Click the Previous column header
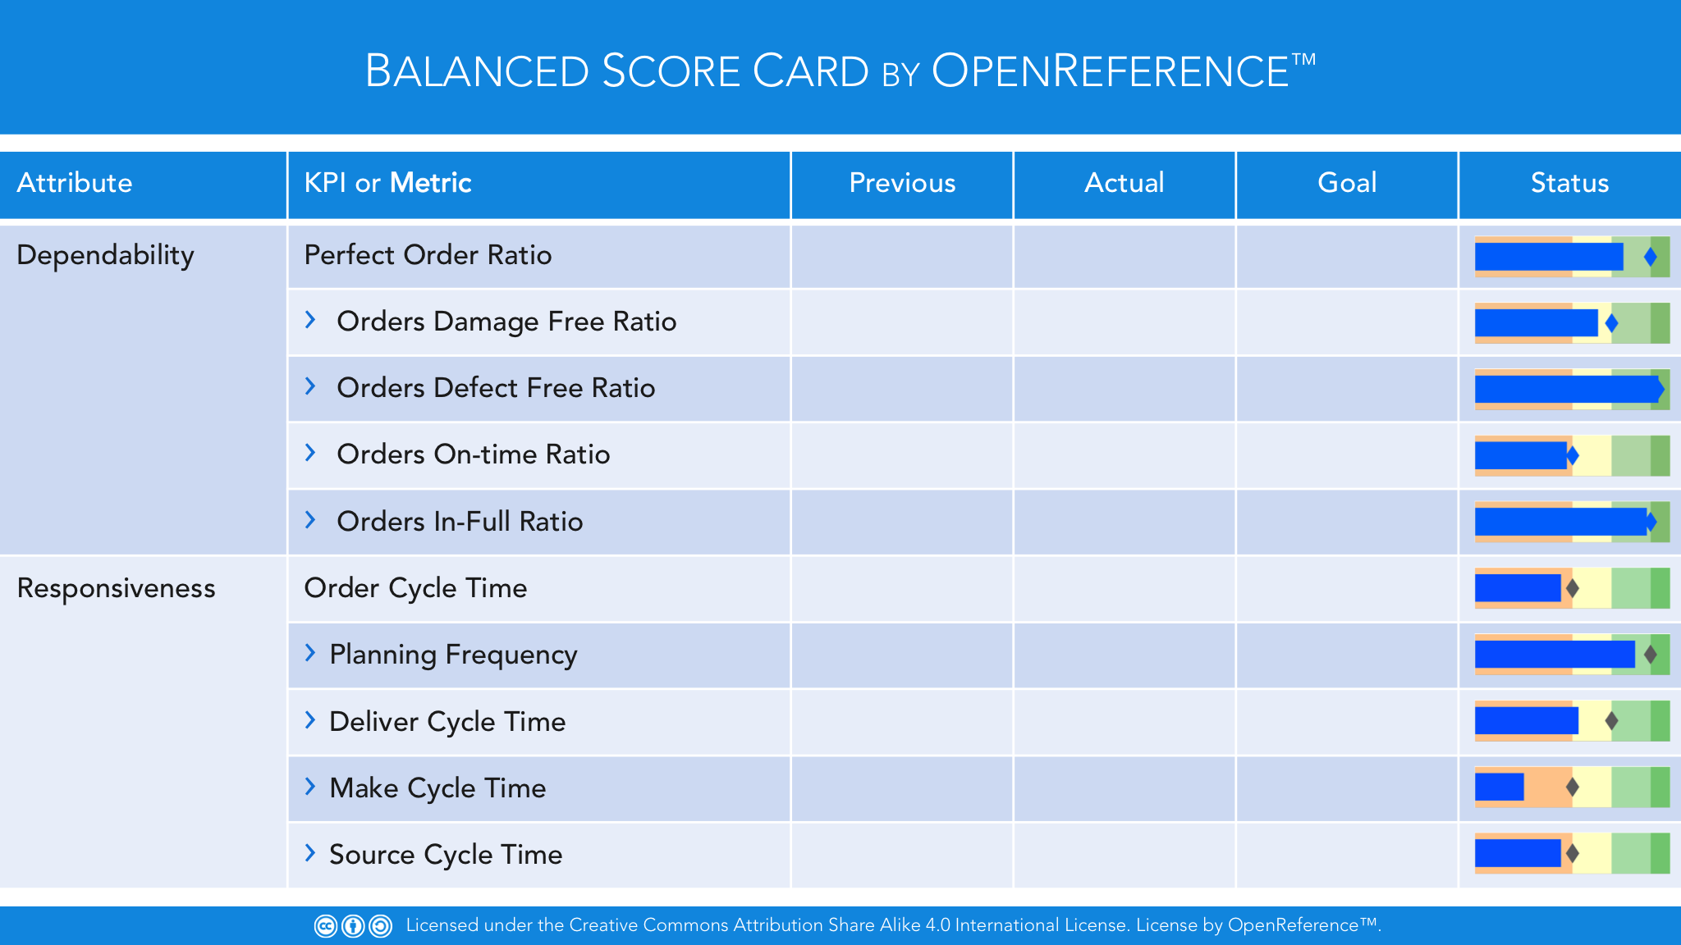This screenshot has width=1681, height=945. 902,183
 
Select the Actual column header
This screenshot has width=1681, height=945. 1124,183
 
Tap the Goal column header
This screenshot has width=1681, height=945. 1347,183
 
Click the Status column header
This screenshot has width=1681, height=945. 1569,183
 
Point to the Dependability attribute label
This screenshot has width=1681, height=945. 105,256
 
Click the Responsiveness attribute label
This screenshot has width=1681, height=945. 116,588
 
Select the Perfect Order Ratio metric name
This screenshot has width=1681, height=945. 428,255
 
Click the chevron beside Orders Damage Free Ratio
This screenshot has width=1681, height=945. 310,320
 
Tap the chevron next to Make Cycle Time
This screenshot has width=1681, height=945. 310,787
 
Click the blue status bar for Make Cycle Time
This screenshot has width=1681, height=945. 1500,787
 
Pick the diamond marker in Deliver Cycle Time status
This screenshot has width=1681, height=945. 1611,721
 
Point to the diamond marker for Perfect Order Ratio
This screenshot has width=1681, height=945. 1651,257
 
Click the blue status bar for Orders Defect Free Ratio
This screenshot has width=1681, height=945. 1569,389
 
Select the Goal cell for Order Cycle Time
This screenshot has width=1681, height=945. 1347,589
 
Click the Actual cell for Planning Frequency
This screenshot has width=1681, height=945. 1124,655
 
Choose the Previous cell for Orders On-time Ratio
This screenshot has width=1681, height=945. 902,455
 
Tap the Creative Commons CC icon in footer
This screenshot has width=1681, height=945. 326,926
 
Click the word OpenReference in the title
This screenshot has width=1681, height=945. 1111,71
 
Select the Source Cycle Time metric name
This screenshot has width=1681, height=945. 446,855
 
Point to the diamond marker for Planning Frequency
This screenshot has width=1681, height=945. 1651,655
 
